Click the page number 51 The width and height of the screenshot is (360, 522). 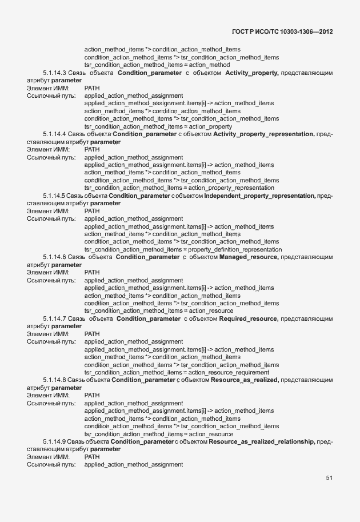[329, 477]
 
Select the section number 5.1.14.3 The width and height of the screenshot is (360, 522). [54, 73]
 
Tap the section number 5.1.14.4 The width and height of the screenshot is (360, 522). [54, 134]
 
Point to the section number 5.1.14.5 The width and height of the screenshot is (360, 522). [54, 196]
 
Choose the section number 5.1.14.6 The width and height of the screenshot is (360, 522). [54, 257]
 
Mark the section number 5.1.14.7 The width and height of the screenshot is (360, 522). [54, 318]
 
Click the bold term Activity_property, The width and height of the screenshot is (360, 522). [252, 73]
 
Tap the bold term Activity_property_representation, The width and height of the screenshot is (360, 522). [263, 134]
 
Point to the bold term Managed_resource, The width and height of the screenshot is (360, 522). [249, 257]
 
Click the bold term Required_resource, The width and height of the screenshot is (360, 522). [249, 318]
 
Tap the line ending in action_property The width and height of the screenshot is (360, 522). [158, 126]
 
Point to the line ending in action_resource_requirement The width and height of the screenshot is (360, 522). [177, 372]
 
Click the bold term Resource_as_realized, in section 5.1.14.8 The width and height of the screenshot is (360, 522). [245, 380]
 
